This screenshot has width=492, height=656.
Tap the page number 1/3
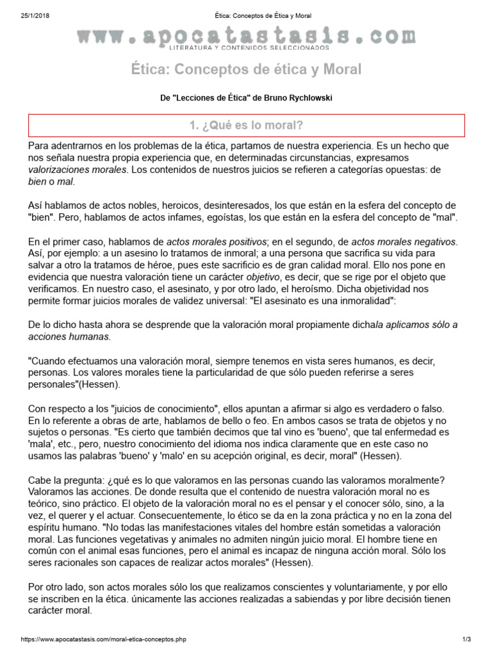[466, 639]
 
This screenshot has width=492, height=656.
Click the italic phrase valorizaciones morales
[78, 169]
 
